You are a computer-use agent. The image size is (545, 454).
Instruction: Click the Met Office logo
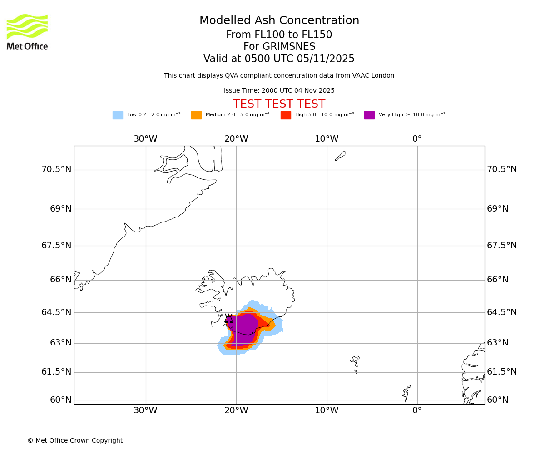click(x=27, y=32)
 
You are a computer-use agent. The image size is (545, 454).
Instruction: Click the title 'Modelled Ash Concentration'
click(x=279, y=21)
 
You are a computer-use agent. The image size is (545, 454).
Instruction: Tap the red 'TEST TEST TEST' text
click(x=279, y=104)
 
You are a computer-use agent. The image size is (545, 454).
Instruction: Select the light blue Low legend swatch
click(x=118, y=115)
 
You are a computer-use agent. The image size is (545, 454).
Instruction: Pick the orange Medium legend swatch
click(x=196, y=115)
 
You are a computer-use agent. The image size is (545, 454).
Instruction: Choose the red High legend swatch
click(x=286, y=115)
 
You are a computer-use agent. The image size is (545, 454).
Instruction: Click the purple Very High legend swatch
click(x=369, y=115)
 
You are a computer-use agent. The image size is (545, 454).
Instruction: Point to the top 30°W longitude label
click(x=145, y=139)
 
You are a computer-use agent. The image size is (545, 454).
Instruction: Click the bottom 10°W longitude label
click(x=327, y=410)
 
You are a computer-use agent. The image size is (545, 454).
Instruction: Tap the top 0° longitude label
click(x=417, y=139)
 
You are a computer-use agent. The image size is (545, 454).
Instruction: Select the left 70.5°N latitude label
click(x=56, y=169)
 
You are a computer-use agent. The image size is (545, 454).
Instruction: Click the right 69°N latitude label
click(x=498, y=209)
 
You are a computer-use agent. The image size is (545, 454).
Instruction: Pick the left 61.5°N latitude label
click(x=56, y=372)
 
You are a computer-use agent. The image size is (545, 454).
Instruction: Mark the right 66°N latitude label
click(x=498, y=280)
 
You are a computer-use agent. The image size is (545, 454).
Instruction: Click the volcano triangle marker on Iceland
click(x=228, y=319)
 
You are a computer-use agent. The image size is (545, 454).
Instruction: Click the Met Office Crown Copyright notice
click(x=75, y=440)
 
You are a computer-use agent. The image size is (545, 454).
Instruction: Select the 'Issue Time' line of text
click(x=279, y=91)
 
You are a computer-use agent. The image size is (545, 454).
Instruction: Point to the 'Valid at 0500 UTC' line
click(x=279, y=59)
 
